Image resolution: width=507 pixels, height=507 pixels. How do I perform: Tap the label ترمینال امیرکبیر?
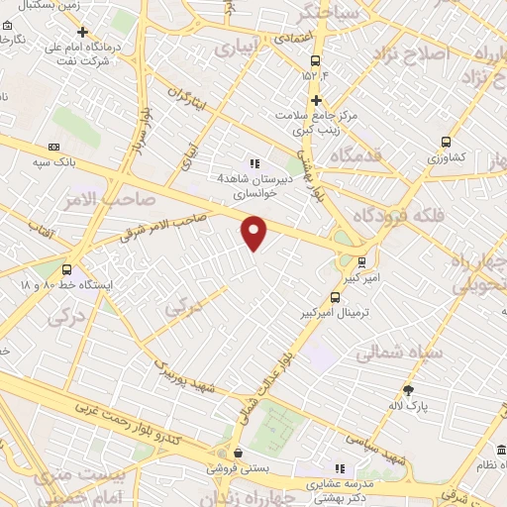(330, 312)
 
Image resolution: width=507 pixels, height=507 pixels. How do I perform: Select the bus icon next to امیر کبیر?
(361, 262)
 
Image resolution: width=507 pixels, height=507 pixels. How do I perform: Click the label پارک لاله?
(407, 406)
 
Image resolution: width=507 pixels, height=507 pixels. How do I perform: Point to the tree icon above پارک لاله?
(407, 390)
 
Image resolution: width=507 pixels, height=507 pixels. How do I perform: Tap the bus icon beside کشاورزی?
(447, 142)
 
